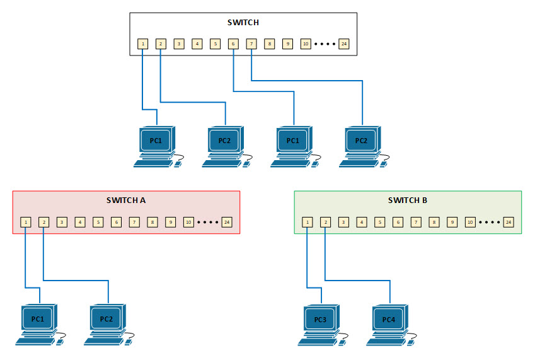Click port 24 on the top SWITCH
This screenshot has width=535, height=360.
point(343,44)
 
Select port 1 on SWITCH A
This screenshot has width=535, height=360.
point(25,222)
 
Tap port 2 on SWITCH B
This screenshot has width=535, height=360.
point(325,222)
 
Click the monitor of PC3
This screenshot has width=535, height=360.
point(320,320)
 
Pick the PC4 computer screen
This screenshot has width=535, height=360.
point(389,320)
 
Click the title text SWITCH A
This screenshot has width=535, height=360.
point(126,200)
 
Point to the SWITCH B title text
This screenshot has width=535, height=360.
point(408,200)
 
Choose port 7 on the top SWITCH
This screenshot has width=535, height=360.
point(251,44)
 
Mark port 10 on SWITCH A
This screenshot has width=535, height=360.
point(188,222)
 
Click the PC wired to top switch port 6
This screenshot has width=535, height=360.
point(293,140)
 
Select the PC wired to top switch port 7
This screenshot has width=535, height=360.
point(362,140)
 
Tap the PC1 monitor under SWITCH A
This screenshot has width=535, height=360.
point(38,319)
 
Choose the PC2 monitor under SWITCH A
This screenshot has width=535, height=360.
point(106,319)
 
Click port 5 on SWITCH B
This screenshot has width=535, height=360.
point(379,222)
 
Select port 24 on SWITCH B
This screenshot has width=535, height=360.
point(508,222)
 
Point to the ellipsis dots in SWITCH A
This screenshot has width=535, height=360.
point(208,223)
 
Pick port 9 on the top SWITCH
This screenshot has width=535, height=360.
point(287,44)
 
